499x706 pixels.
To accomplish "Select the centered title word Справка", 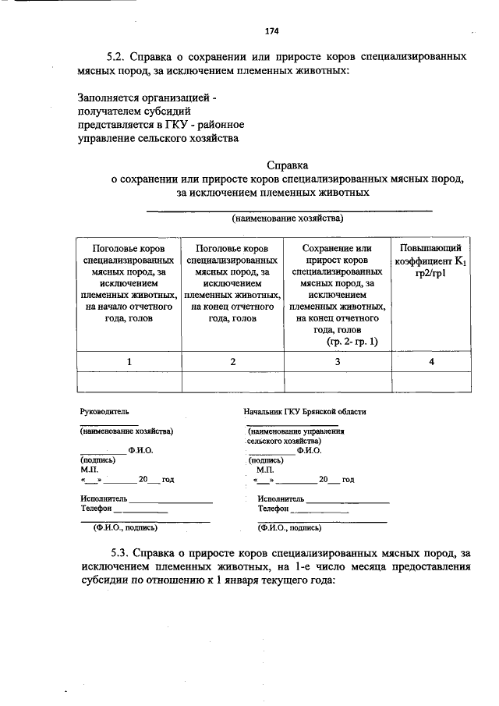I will point(288,165).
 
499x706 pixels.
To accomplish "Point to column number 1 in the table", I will point(129,361).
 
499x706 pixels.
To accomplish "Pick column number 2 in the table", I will point(232,361).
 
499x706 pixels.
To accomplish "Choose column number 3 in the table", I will point(338,361).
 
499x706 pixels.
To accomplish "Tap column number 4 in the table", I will point(431,361).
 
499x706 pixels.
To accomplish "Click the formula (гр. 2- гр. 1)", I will point(351,341).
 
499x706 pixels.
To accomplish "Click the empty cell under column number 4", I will point(431,381).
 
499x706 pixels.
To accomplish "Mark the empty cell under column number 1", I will point(129,381).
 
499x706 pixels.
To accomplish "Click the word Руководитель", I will point(104,411).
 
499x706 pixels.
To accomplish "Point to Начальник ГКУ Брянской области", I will point(304,411).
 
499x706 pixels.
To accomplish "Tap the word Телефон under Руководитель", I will point(97,508).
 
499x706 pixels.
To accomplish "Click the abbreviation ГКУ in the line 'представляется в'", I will point(176,125).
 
